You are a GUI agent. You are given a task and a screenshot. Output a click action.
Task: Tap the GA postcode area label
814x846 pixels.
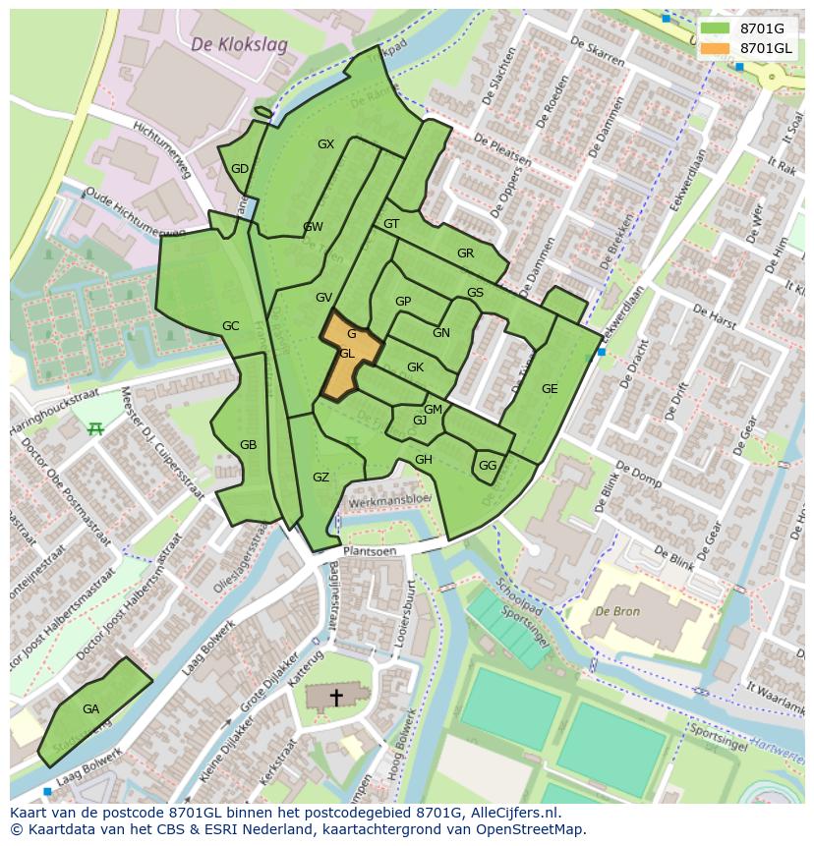[90, 708]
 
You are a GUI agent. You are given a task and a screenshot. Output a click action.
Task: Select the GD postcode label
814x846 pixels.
[240, 169]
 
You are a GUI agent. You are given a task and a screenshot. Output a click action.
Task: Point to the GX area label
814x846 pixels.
[325, 144]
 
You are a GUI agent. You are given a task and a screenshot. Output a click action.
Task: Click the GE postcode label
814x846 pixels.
[550, 389]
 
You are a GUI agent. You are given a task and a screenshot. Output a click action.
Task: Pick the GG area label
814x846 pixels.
[488, 466]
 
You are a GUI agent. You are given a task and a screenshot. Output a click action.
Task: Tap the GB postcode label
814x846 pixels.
[248, 445]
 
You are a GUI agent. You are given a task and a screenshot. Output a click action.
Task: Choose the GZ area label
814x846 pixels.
[320, 478]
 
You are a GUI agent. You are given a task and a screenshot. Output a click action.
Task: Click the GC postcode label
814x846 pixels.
[230, 326]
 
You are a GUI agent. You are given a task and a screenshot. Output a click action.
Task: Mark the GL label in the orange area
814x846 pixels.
[347, 354]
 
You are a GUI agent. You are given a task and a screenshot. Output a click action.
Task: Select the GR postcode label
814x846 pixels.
[465, 254]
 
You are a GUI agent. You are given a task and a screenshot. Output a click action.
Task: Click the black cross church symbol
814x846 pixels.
[336, 698]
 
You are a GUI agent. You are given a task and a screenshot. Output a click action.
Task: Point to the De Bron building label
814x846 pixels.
[616, 610]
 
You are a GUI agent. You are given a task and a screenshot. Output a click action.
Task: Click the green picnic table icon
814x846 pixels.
[95, 428]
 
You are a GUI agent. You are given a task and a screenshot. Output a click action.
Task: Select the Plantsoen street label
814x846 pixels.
[370, 551]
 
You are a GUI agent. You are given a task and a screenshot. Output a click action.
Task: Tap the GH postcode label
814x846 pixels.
[424, 460]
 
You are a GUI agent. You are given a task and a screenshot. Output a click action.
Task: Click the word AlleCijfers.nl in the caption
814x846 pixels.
[510, 813]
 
